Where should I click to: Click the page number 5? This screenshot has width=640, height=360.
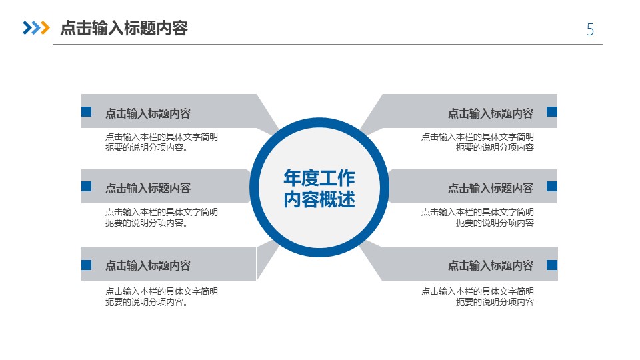(590, 29)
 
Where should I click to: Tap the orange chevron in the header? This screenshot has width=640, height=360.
(45, 28)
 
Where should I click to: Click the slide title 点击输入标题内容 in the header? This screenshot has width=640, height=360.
(124, 28)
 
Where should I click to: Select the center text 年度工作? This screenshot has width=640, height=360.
(319, 178)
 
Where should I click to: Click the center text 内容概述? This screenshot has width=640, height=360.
(319, 199)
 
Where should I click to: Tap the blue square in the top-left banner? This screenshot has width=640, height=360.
(86, 111)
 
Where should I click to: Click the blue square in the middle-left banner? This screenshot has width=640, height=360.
(86, 186)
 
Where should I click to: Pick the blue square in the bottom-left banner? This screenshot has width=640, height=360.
(86, 265)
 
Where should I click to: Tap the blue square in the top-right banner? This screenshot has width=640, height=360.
(552, 111)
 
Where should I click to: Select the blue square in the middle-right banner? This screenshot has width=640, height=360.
(552, 186)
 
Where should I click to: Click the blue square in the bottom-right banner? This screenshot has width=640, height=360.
(552, 265)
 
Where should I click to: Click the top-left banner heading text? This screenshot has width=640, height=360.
(148, 113)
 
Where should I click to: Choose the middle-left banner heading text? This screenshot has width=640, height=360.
(148, 188)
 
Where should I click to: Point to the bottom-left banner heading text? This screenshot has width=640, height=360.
(148, 266)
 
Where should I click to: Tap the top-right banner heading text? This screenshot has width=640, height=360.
(491, 113)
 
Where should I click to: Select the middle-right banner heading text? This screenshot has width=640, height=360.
(491, 188)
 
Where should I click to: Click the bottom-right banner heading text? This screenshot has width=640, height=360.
(491, 266)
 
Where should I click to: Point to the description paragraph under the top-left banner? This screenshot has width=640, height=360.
(161, 142)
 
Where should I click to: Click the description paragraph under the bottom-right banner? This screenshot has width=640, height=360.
(477, 297)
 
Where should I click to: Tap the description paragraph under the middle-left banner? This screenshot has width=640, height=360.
(161, 217)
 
